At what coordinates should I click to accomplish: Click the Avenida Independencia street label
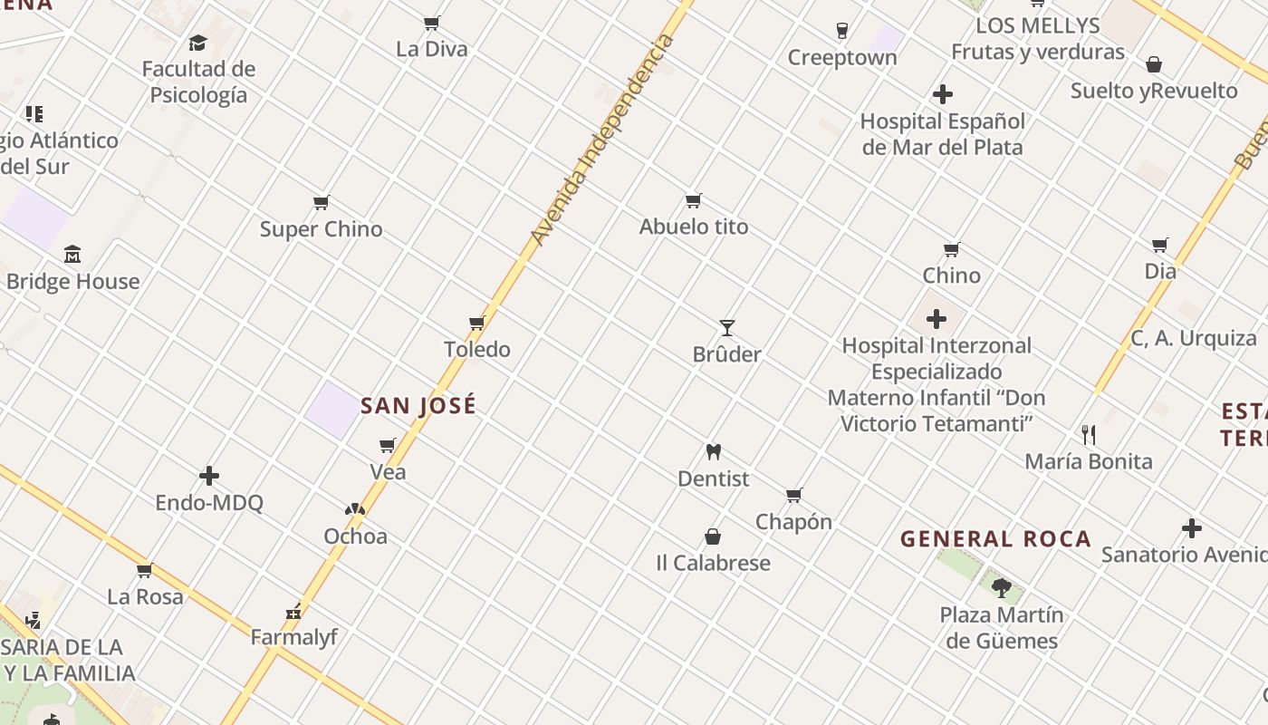coord(602,140)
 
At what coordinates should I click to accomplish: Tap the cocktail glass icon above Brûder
coord(726,327)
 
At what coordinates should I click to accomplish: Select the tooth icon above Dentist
coord(714,451)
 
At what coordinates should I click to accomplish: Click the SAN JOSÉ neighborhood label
coord(418,406)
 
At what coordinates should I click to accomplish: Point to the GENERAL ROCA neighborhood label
coord(995,539)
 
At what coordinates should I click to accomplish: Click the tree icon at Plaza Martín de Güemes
coord(1001,587)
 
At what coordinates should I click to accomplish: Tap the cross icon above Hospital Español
coord(943,94)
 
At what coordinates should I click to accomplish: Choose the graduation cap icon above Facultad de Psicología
coord(197,43)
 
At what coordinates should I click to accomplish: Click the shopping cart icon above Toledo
coord(477,323)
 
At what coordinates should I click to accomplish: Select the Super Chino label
coord(322,229)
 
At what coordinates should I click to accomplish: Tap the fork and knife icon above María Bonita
coord(1089,435)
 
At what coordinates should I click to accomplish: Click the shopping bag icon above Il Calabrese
coord(713,536)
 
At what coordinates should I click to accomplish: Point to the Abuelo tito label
coord(694,227)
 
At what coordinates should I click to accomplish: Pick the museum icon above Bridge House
coord(72,255)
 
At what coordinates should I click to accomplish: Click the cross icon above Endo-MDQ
coord(209,476)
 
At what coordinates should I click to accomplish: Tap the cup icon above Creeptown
coord(842,31)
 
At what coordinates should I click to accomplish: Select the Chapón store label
coord(793,522)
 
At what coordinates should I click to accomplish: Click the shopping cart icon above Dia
coord(1160,245)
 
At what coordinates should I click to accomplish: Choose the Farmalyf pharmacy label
coord(293,637)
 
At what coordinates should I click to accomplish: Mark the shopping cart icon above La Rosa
coord(144,571)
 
